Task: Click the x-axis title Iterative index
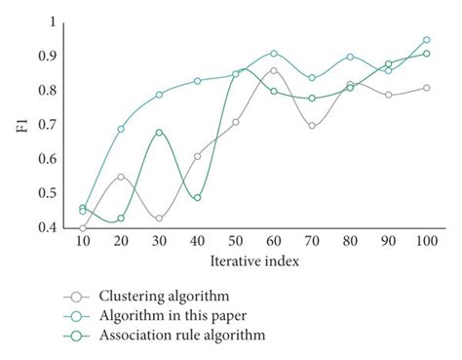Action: pos(254,262)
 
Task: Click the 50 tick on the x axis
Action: pos(235,240)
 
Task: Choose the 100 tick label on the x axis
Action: pos(426,240)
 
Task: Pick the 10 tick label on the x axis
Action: pos(83,240)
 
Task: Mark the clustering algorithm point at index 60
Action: pos(274,70)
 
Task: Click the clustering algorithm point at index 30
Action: pos(159,218)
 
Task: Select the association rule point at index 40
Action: pos(197,197)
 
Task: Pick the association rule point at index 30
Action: pos(159,132)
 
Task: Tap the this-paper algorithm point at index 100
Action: pos(426,40)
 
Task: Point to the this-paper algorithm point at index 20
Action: pos(121,129)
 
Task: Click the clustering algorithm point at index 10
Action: pos(83,227)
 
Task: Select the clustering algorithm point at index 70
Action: pos(312,125)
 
